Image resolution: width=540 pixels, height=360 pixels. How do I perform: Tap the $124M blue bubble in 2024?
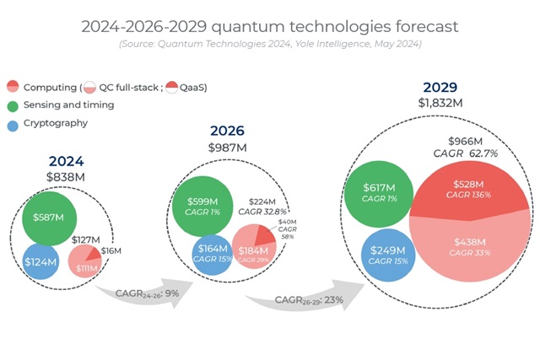coord(40,262)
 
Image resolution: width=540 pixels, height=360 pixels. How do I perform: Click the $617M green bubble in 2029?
coord(379,193)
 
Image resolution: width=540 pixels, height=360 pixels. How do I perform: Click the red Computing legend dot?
coord(13,87)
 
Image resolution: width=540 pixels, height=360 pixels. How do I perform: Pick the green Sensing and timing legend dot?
coord(13,105)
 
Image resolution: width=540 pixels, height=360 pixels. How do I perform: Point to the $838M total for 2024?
coord(67,177)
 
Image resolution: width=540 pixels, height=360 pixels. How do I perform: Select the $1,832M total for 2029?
coord(440,102)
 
